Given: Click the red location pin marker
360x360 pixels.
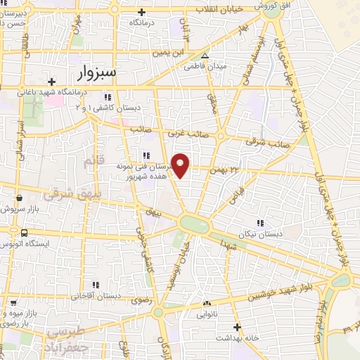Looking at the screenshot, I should coord(181,165).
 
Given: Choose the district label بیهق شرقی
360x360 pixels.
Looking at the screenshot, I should coord(69,191).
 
